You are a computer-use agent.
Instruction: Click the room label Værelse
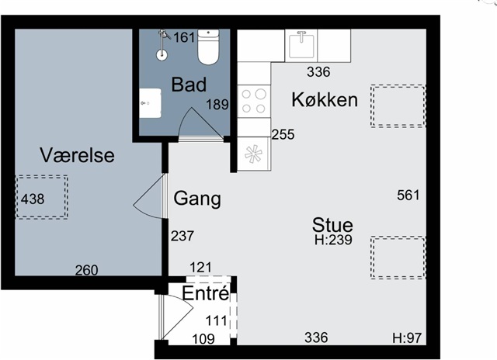pos(77,155)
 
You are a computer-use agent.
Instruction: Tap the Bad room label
pos(189,85)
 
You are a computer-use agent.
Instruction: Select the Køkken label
pos(325,99)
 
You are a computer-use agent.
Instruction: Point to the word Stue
pos(332,225)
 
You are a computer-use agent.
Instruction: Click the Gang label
pos(197,199)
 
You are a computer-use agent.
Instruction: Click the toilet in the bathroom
pos(208,47)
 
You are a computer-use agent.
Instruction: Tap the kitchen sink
pos(301,45)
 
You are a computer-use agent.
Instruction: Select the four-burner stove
pos(254,102)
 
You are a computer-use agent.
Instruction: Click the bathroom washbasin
pos(150,103)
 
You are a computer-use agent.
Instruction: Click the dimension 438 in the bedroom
pos(33,199)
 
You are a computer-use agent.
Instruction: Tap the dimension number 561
pos(408,195)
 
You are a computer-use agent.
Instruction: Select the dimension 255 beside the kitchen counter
pos(283,134)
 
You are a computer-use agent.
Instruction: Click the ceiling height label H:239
pos(333,240)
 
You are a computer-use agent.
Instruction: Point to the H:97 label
pos(407,338)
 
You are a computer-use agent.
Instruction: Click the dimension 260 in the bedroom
pos(86,270)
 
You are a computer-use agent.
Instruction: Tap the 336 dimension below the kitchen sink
pos(318,72)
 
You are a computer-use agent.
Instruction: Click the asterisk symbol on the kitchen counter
pos(254,154)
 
